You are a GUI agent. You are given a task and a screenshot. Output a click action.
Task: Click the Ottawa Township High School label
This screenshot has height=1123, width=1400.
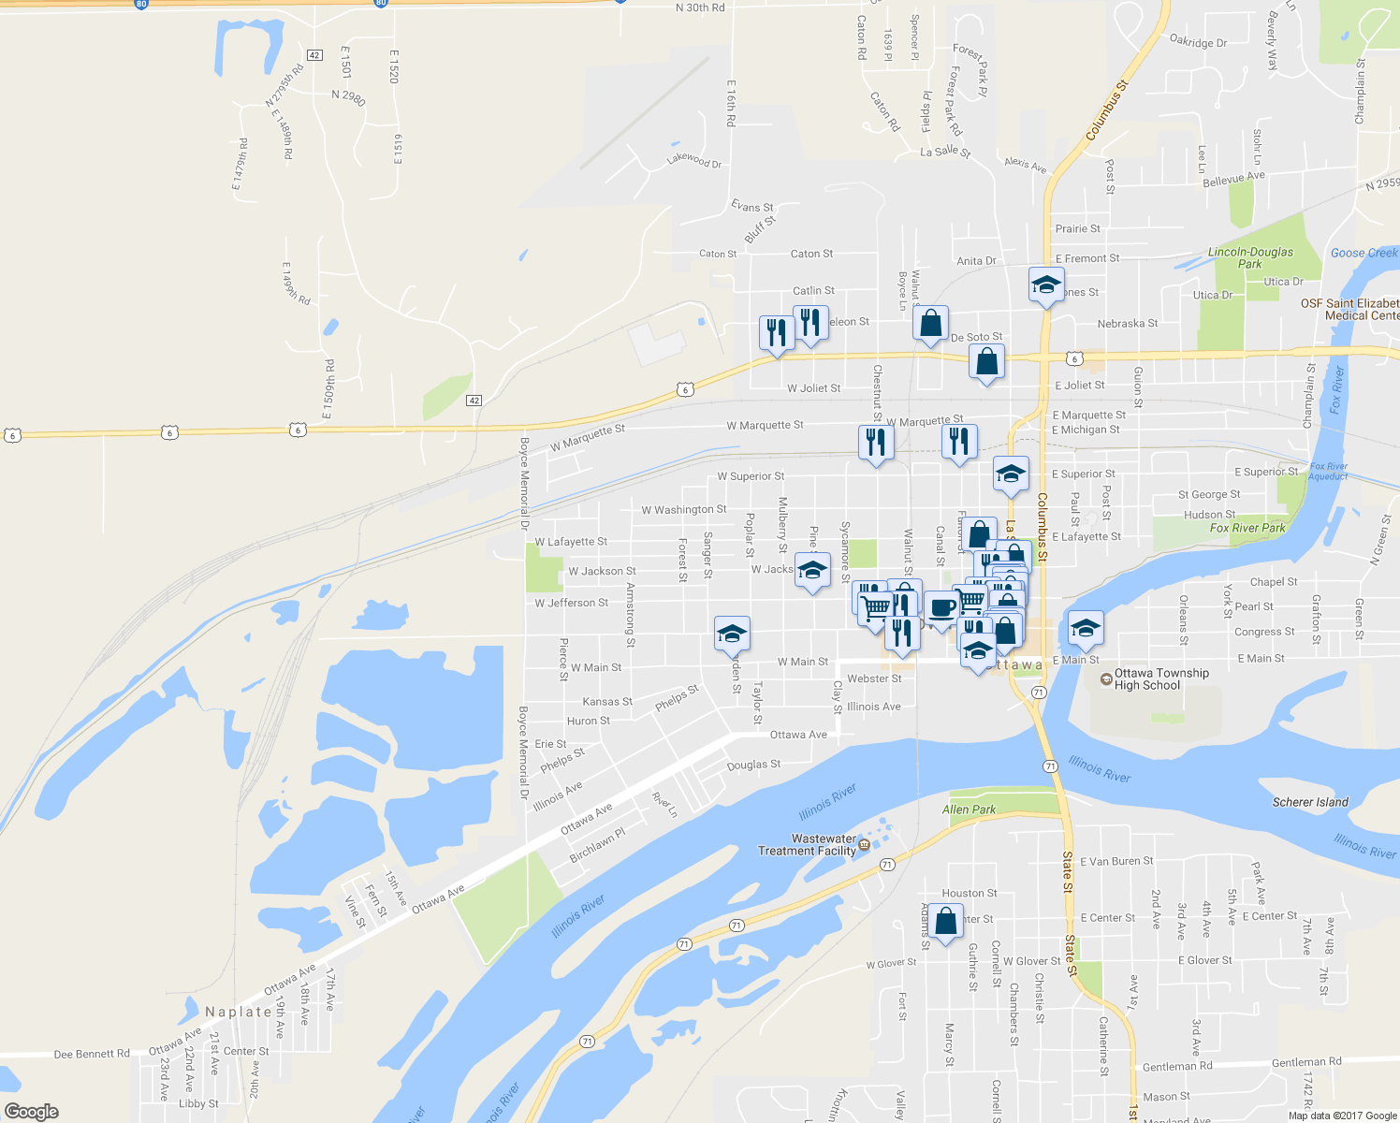click(x=1160, y=679)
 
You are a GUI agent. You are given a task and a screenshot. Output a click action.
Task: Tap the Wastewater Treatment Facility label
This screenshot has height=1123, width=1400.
click(x=807, y=845)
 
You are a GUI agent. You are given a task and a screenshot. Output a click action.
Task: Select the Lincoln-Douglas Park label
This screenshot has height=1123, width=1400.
click(x=1250, y=257)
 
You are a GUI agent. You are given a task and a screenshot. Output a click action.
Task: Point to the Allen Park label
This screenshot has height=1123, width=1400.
click(x=969, y=809)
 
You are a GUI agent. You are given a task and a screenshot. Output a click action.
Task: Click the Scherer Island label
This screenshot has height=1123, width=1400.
click(x=1310, y=802)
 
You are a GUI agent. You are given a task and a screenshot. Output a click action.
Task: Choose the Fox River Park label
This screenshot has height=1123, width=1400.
click(x=1247, y=528)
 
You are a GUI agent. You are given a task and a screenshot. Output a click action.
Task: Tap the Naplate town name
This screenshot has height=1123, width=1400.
click(x=239, y=1012)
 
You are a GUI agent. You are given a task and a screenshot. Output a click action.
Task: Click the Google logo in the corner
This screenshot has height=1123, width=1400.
click(x=32, y=1111)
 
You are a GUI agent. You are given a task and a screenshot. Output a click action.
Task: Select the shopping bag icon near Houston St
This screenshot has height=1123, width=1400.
click(x=946, y=922)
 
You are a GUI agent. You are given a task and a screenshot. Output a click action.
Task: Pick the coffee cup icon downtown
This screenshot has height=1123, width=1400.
click(x=942, y=607)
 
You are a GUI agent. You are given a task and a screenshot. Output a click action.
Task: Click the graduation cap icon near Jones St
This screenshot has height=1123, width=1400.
click(x=1045, y=284)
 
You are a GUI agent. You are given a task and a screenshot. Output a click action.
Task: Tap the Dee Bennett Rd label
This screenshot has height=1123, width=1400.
click(x=92, y=1054)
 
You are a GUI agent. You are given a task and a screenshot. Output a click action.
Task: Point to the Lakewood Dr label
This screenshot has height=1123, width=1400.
click(x=693, y=160)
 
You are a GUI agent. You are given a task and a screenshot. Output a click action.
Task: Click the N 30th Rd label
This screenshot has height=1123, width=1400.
click(x=700, y=7)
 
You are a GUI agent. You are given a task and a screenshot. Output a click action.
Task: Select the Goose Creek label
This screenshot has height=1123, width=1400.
click(x=1364, y=253)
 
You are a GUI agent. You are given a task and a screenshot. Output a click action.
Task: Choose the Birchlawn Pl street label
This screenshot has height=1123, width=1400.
click(x=597, y=845)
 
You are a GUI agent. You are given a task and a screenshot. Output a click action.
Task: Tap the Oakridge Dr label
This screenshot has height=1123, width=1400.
click(x=1198, y=41)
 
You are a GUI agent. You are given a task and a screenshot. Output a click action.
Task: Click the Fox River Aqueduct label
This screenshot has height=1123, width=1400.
click(x=1328, y=472)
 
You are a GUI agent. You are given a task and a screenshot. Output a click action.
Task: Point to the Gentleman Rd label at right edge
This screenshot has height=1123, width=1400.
click(x=1306, y=1062)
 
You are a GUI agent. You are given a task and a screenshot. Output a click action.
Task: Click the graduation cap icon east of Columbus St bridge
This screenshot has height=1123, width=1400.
click(x=1085, y=628)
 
